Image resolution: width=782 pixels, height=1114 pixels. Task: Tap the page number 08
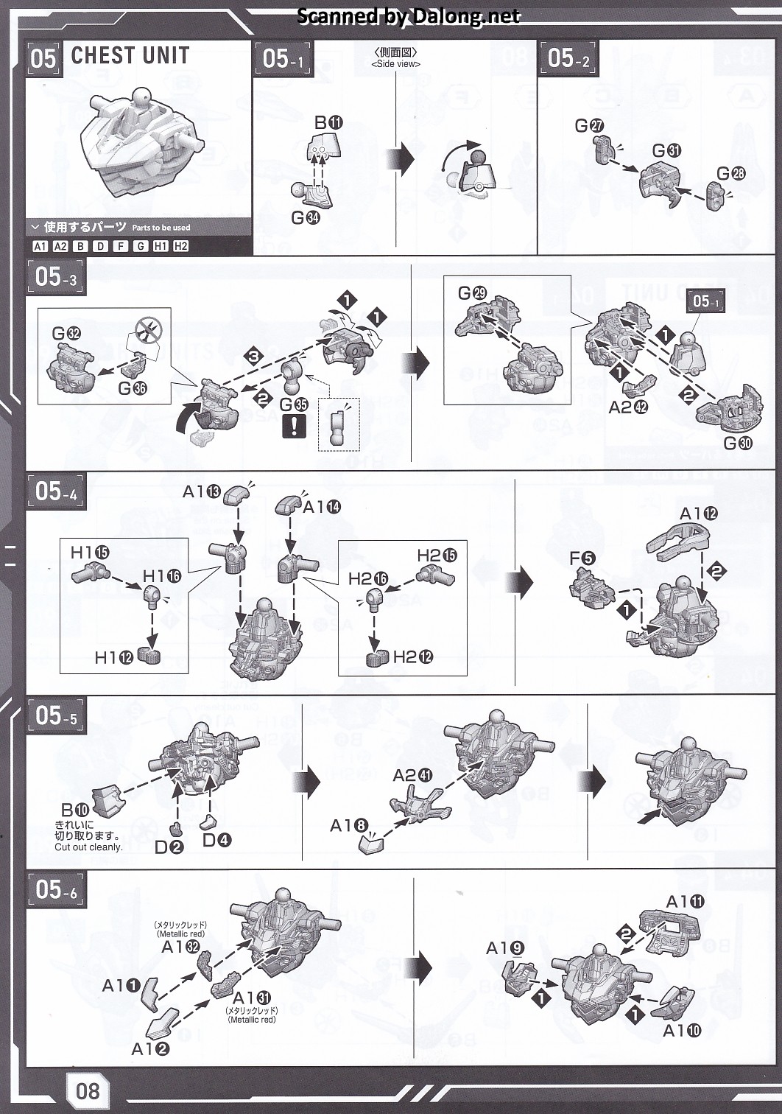(87, 1089)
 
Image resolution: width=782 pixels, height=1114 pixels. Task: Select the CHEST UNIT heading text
(130, 56)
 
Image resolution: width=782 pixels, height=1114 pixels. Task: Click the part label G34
(306, 217)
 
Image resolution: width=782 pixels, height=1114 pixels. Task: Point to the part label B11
(328, 123)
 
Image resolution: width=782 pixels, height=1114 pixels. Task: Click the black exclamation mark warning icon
(293, 427)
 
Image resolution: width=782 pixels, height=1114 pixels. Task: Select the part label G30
(739, 443)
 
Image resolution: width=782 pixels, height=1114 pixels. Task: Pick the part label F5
(582, 558)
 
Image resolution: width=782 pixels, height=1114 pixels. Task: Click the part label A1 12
(698, 514)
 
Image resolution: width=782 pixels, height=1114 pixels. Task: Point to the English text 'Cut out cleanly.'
(88, 847)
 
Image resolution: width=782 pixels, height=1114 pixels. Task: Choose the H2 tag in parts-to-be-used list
(180, 247)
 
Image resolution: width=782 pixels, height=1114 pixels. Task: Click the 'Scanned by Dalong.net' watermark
(409, 16)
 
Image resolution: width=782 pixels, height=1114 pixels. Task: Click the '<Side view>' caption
(395, 64)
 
